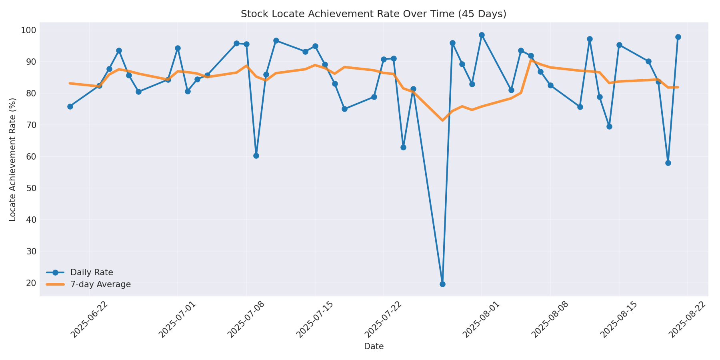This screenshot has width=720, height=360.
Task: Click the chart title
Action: point(373,14)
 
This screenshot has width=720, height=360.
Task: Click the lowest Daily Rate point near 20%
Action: point(442,284)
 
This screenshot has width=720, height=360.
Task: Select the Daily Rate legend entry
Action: point(92,272)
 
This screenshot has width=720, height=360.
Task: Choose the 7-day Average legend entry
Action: point(100,284)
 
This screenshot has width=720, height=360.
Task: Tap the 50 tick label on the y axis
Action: point(30,188)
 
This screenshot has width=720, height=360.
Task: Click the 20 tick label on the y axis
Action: point(30,283)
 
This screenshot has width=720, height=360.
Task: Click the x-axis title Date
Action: point(374,346)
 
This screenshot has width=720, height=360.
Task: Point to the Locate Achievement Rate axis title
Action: point(13,159)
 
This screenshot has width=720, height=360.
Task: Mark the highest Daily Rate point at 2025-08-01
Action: point(482,35)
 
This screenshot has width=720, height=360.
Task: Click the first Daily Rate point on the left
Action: point(70,106)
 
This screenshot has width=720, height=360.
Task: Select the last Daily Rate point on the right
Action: point(678,37)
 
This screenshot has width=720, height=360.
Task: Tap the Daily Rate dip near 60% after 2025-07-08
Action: point(256,156)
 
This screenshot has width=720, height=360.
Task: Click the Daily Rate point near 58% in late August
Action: point(668,163)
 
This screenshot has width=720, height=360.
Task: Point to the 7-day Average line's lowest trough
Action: point(442,120)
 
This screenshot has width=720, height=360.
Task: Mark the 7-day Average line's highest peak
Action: point(530,60)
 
